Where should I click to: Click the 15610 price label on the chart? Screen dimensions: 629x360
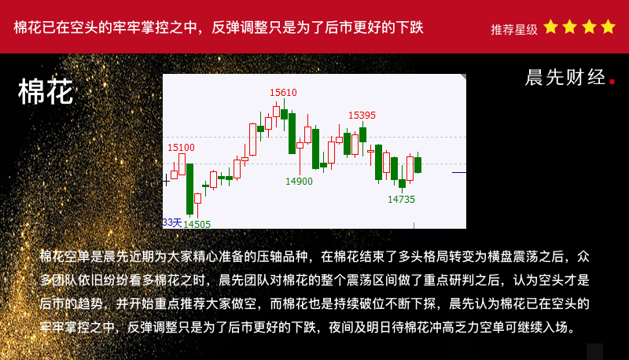(x=283, y=93)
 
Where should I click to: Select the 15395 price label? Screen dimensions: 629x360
(x=362, y=116)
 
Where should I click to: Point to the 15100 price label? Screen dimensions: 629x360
(x=181, y=148)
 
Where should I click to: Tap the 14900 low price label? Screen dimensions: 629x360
(x=299, y=182)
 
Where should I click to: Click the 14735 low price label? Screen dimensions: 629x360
(x=402, y=199)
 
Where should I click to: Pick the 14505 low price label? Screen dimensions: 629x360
(x=197, y=224)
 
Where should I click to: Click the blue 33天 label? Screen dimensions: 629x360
(x=172, y=222)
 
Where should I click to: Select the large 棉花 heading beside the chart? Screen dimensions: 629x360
(x=46, y=92)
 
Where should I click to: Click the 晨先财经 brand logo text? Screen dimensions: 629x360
(x=565, y=77)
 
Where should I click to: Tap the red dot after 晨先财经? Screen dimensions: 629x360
(x=612, y=82)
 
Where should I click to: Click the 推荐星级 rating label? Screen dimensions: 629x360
(x=514, y=29)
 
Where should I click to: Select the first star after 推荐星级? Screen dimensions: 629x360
(x=551, y=27)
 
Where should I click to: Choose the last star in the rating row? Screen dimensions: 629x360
(x=608, y=27)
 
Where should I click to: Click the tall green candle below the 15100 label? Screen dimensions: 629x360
(x=189, y=189)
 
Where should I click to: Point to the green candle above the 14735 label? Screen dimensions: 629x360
(x=402, y=183)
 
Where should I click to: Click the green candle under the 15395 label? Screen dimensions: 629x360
(x=363, y=134)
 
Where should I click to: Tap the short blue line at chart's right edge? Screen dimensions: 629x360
(x=459, y=173)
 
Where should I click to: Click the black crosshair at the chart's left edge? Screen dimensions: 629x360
(x=166, y=181)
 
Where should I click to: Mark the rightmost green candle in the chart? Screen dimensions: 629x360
(x=418, y=164)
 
